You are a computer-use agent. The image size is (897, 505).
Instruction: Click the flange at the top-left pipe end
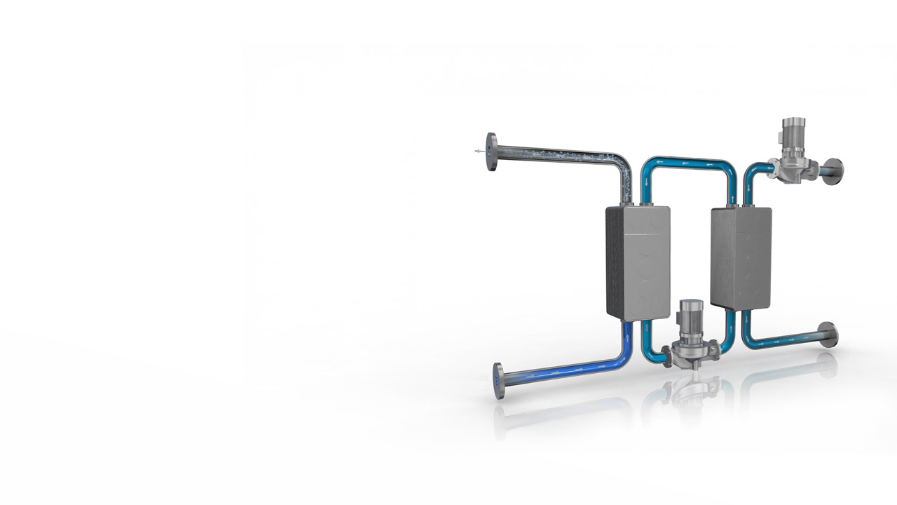click(x=492, y=152)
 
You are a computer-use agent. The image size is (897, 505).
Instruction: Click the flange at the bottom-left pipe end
click(x=498, y=381)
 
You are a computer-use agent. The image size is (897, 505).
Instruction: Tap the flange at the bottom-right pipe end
click(x=828, y=335)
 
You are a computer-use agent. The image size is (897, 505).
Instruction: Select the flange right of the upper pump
click(x=833, y=172)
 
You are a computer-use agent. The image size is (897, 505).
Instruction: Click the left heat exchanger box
click(x=638, y=263)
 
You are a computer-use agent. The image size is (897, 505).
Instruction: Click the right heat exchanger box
click(x=741, y=257)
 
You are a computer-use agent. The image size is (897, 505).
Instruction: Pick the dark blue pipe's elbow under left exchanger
click(x=624, y=353)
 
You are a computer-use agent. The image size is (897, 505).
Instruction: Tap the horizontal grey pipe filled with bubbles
click(x=554, y=154)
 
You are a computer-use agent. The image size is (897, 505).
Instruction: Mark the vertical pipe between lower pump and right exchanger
click(x=730, y=330)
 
